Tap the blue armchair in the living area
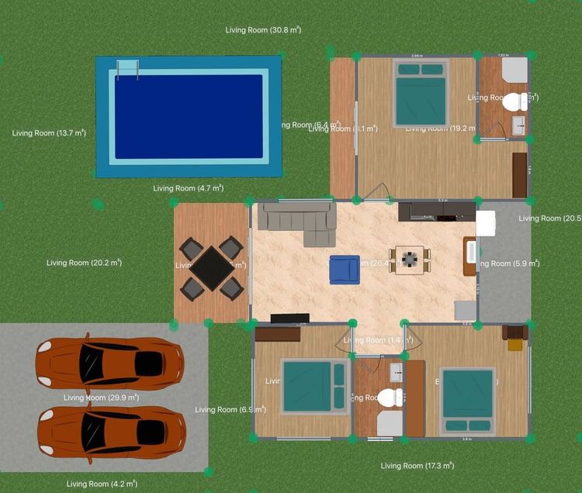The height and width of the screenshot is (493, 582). (345, 269)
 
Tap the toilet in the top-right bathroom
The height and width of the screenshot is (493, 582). (513, 102)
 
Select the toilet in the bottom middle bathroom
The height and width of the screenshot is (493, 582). (390, 398)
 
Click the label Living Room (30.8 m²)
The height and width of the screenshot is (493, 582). (263, 30)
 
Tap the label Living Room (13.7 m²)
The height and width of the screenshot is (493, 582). (49, 133)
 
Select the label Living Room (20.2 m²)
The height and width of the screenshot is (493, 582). (84, 263)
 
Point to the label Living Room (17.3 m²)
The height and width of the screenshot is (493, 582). (417, 466)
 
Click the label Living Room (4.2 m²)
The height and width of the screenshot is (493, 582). (99, 484)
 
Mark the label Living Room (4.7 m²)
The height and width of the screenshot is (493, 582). (189, 188)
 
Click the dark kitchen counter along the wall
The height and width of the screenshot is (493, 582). (436, 210)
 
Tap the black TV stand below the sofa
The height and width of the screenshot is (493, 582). (289, 318)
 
